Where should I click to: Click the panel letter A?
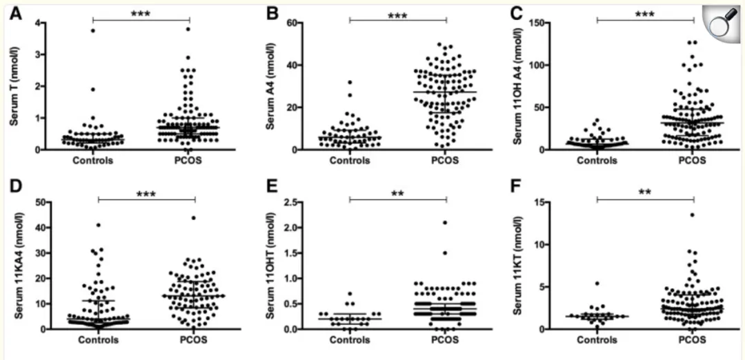coord(14,13)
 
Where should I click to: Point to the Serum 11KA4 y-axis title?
coord(14,266)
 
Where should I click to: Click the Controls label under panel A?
coord(93,162)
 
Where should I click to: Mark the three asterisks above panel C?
coord(644,14)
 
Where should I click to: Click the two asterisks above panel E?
coord(398,194)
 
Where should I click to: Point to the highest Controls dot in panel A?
coord(92,30)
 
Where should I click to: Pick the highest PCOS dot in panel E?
coord(446,223)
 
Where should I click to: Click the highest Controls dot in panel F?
coord(597,283)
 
